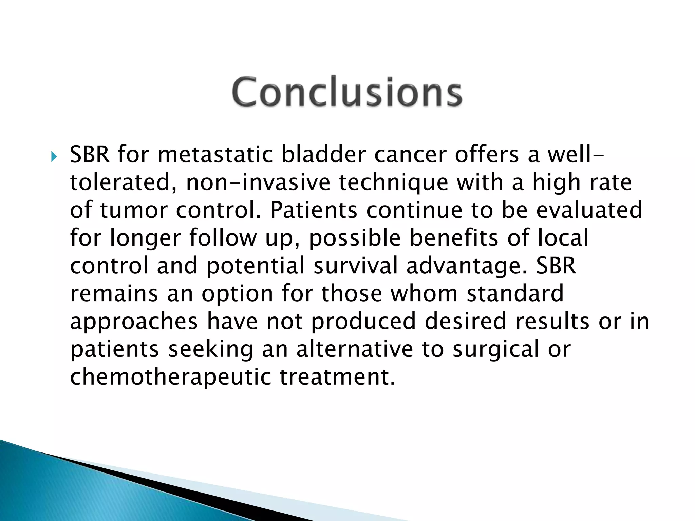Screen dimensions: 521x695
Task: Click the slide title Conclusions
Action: coord(347,92)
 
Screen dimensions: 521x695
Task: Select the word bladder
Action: coord(323,155)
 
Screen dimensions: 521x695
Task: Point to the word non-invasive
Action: coord(258,182)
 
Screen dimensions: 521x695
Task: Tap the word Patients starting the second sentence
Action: coord(313,210)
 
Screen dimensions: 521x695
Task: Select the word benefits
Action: coord(454,238)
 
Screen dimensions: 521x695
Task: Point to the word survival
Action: coord(355,266)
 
